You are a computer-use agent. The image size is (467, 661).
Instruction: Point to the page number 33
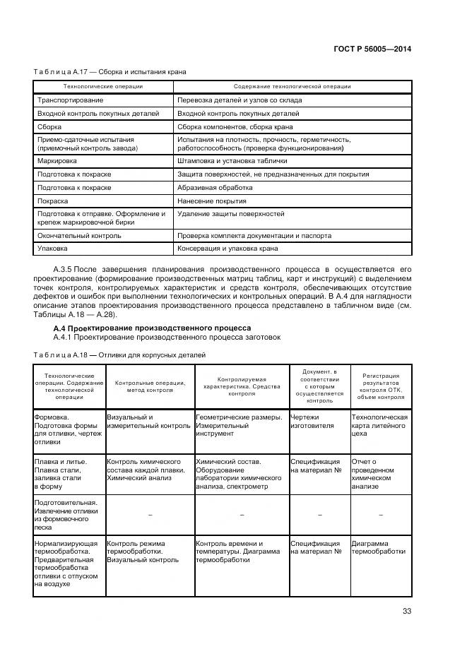click(x=406, y=612)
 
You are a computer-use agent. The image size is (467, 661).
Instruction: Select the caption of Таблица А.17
click(x=110, y=71)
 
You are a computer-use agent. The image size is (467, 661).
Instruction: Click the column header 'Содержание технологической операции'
click(x=292, y=87)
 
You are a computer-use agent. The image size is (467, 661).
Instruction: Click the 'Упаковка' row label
click(x=52, y=249)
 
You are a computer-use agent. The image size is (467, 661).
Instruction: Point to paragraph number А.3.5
click(x=64, y=270)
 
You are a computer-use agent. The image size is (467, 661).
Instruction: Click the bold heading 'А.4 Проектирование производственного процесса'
click(x=152, y=328)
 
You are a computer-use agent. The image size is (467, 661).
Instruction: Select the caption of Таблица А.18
click(x=119, y=355)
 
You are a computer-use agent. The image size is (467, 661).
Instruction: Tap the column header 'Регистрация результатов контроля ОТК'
click(x=381, y=387)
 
